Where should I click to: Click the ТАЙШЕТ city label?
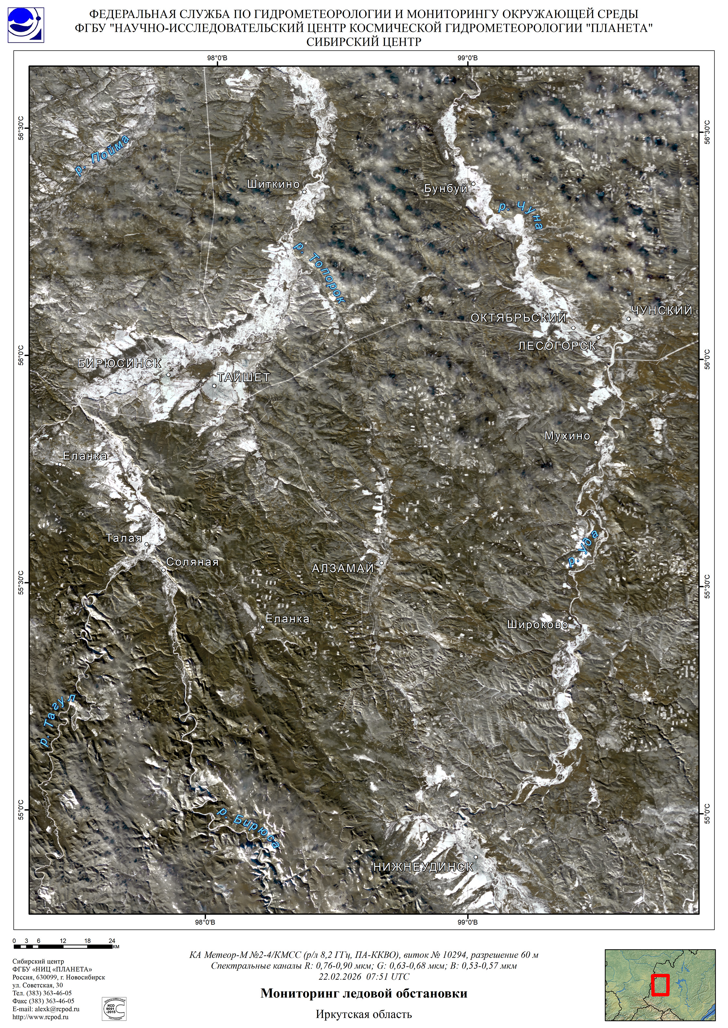(x=244, y=377)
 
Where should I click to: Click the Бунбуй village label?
(x=446, y=189)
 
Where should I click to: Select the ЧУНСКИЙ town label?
(x=662, y=310)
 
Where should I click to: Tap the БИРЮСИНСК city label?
(x=120, y=363)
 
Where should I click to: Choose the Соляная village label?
(x=192, y=562)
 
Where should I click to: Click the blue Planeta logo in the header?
(x=26, y=25)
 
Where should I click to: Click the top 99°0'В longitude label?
(x=468, y=58)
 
